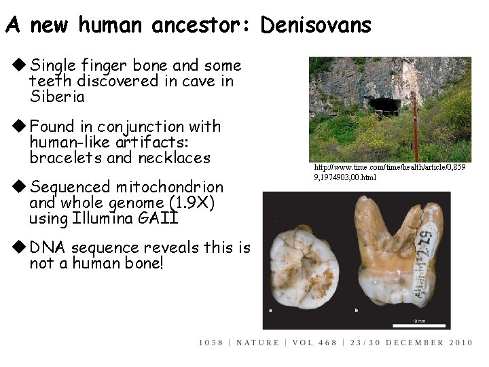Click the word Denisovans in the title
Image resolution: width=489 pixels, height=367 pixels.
coord(316,26)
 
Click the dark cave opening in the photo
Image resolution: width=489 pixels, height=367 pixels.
coord(384,106)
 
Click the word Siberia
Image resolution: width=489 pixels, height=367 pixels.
coord(57,97)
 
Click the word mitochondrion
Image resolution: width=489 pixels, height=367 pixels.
coord(170,187)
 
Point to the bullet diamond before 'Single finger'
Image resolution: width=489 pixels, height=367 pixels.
coord(19,66)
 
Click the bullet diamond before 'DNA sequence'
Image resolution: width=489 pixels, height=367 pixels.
coord(19,248)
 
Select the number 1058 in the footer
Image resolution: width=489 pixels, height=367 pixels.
coord(211,343)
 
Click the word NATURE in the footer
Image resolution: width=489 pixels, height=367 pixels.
coord(259,343)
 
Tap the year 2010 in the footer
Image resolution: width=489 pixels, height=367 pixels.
coord(460,343)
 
